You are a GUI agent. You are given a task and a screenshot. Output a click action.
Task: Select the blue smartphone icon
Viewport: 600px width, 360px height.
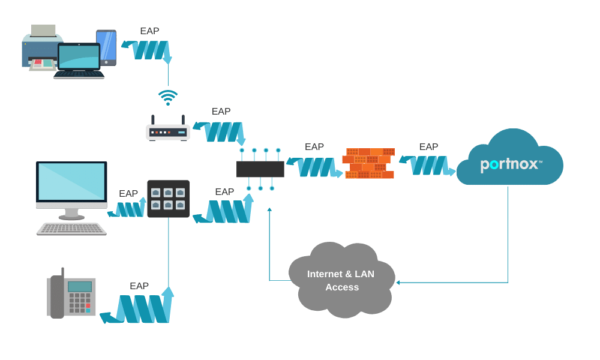pos(106,47)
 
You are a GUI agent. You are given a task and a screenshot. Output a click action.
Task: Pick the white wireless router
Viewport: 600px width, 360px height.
pos(168,131)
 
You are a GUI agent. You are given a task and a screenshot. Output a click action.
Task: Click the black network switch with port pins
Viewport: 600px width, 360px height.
pos(260,169)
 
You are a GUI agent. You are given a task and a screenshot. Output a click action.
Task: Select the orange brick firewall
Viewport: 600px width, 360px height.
pos(368,163)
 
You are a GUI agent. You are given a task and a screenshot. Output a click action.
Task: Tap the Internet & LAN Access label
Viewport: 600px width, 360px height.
pos(341,281)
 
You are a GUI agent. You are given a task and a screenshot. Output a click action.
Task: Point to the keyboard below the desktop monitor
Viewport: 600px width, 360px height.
pos(71,229)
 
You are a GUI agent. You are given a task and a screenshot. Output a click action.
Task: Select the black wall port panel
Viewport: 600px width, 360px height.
pos(169,199)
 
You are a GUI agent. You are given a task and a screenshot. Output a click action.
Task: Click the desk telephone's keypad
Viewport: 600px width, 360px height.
pos(79,303)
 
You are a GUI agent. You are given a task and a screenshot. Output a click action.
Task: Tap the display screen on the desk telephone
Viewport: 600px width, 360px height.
pos(80,286)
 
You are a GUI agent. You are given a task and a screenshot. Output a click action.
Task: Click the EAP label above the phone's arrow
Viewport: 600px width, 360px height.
pos(139,286)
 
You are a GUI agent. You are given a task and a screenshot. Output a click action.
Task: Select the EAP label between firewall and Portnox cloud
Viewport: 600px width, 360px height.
pos(428,146)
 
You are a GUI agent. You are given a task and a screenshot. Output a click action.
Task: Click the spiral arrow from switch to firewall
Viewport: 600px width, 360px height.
pos(316,166)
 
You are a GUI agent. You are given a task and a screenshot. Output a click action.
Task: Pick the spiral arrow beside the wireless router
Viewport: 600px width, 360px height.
pos(221,131)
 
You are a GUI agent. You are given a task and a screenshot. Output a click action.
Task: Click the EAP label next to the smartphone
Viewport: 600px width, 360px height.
pos(149,31)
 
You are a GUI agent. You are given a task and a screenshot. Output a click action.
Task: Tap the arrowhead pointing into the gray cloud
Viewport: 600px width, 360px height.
pos(398,282)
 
